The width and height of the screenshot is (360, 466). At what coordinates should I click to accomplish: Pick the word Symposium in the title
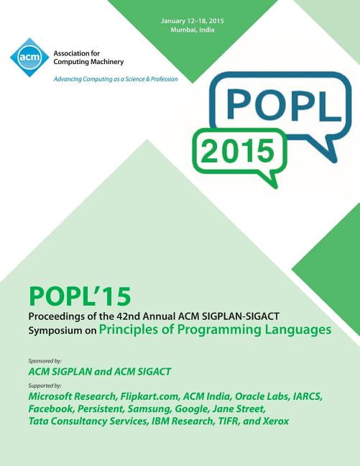coord(55,331)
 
